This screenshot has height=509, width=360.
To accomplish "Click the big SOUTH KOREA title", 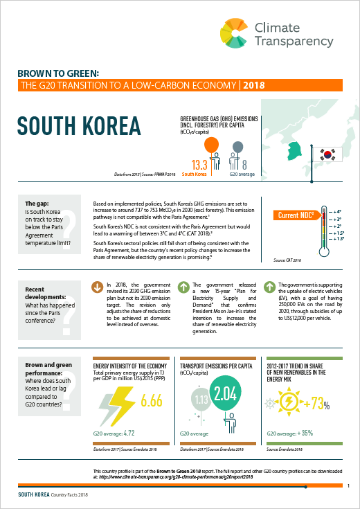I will (x=78, y=126).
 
